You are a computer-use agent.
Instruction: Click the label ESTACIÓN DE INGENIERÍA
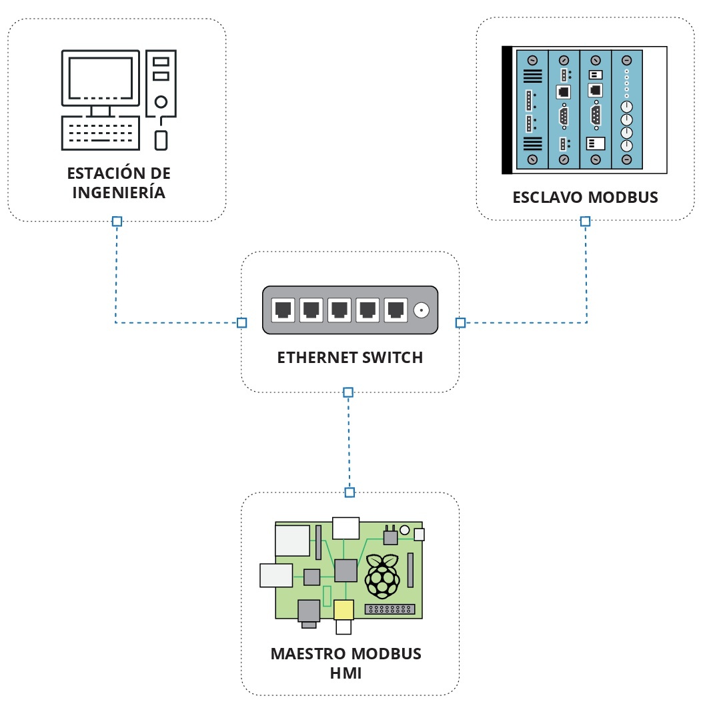pos(119,183)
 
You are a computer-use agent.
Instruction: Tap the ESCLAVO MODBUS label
pos(585,198)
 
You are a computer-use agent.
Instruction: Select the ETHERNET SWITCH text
pos(350,358)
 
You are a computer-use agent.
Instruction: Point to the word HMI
pos(345,673)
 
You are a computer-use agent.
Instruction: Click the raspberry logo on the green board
pos(382,575)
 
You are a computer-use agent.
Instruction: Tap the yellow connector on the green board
pos(343,610)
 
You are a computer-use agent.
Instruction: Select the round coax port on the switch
pos(422,310)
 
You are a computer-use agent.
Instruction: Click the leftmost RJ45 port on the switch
pos(282,310)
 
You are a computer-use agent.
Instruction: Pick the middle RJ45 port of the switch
pos(339,310)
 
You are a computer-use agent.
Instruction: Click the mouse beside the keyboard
pos(161,140)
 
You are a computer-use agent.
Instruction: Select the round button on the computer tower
pos(161,103)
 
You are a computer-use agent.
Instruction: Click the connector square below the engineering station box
pos(117,221)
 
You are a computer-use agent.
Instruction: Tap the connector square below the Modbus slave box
pos(585,221)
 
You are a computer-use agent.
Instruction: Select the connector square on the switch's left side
pos(242,323)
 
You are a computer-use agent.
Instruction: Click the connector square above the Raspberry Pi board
pos(349,492)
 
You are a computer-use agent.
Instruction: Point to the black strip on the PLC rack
pos(506,110)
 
